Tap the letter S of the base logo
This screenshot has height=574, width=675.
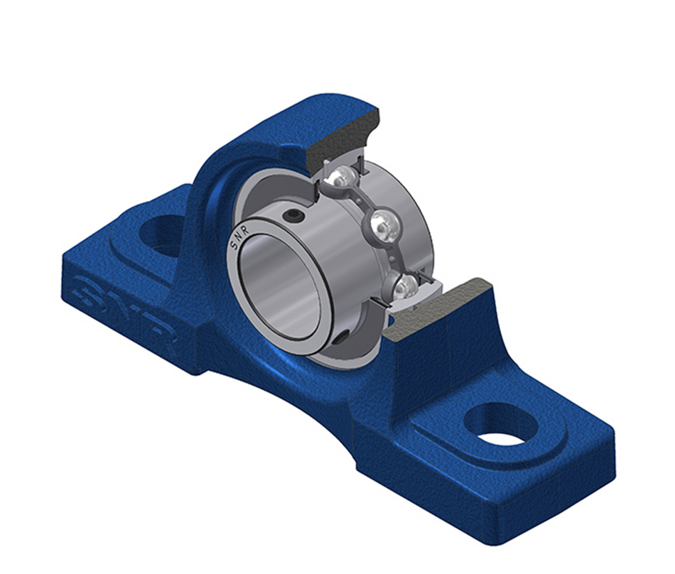tap(89, 288)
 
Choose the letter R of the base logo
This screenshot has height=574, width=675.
tap(162, 340)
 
